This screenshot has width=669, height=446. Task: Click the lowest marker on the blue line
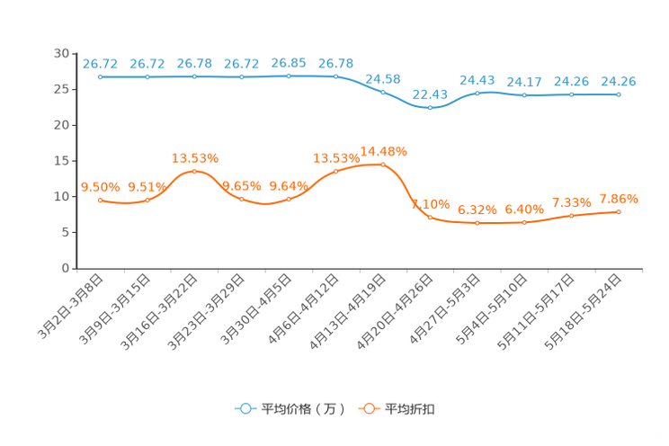pyautogui.click(x=430, y=107)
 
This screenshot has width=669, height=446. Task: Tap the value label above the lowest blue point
pyautogui.click(x=430, y=93)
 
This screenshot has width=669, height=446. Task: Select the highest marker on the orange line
pyautogui.click(x=383, y=164)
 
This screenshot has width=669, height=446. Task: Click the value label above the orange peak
pyautogui.click(x=383, y=150)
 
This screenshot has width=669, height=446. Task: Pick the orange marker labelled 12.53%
pyautogui.click(x=194, y=171)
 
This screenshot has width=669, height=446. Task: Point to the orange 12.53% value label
pyautogui.click(x=195, y=158)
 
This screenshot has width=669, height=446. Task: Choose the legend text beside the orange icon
pyautogui.click(x=411, y=409)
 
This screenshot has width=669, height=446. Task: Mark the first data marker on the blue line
pyautogui.click(x=100, y=77)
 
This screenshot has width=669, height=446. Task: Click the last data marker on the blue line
pyautogui.click(x=619, y=94)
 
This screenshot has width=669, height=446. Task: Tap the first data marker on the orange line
pyautogui.click(x=100, y=199)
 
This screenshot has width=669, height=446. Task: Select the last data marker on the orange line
pyautogui.click(x=619, y=211)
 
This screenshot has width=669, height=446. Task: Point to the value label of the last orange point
pyautogui.click(x=619, y=198)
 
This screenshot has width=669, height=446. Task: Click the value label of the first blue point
pyautogui.click(x=100, y=64)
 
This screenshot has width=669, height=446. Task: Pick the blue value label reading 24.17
pyautogui.click(x=524, y=82)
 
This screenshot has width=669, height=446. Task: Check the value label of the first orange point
pyautogui.click(x=100, y=186)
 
